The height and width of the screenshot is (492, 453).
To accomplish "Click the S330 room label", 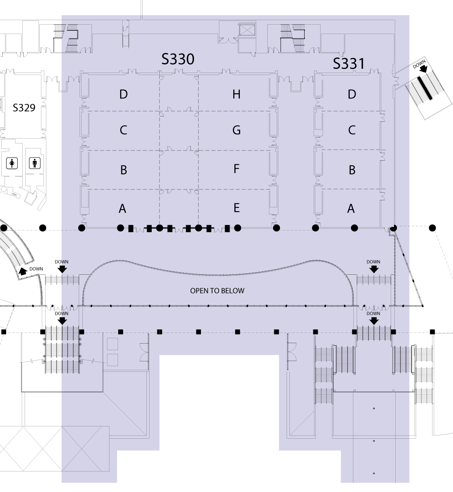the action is pos(178,59).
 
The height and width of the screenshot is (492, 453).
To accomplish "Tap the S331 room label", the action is pos(349,64).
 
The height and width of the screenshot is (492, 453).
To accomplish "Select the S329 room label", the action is pos(24,108).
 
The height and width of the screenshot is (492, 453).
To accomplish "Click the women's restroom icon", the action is pos(12,163).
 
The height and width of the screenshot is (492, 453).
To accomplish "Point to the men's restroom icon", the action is pos(34,163).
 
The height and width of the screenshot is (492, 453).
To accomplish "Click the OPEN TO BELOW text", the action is pos(217,291).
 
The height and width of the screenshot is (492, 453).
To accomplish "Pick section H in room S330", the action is pos(237,94).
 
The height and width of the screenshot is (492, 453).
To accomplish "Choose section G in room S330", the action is pos(237,130).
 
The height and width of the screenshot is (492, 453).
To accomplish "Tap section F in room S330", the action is pos(236,169).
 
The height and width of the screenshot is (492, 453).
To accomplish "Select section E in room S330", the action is pos(237,208).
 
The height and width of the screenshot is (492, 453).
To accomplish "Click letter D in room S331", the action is pos(352,94).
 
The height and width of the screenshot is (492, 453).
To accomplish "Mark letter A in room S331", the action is pos(351,209).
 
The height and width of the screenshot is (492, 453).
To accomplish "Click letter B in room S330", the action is pos(124,170).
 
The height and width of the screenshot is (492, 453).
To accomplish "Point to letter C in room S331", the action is pos(352,130).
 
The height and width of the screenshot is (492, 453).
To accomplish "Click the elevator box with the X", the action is pos(247,31).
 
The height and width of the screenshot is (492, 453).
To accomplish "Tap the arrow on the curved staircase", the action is pos(23,271).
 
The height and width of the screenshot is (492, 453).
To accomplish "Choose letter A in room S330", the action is pos(123,209).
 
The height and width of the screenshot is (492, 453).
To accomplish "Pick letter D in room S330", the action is pos(123,94).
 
